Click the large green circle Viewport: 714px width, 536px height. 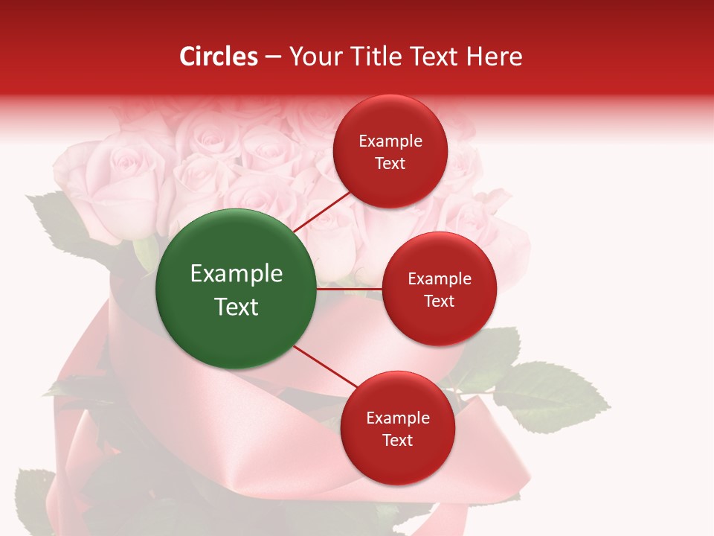click(237, 290)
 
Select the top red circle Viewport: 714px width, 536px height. click(390, 152)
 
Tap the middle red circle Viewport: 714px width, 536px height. click(439, 289)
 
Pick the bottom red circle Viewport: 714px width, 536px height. click(397, 428)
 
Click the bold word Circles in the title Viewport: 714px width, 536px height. click(219, 57)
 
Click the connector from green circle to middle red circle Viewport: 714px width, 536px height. click(350, 289)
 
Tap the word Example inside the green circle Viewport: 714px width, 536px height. click(237, 274)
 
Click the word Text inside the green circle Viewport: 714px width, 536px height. click(237, 307)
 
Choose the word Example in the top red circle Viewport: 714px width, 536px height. click(390, 141)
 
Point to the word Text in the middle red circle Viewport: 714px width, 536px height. click(439, 301)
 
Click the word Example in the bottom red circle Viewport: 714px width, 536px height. click(398, 418)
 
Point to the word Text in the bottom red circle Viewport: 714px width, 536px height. click(397, 440)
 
